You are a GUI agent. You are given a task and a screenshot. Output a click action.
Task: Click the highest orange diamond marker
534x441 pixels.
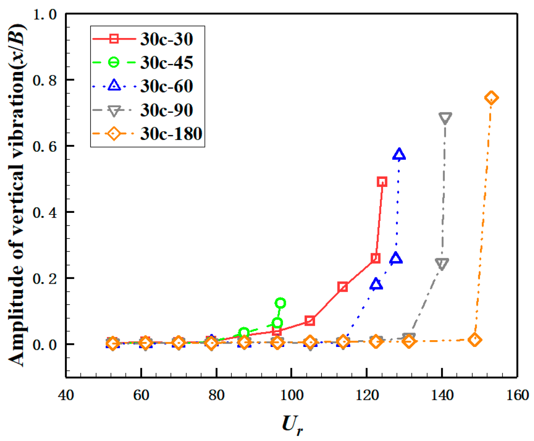[491, 98]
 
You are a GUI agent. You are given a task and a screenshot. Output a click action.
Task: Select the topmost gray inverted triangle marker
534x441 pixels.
[445, 118]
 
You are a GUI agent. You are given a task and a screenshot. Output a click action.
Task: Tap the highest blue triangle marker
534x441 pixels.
[399, 154]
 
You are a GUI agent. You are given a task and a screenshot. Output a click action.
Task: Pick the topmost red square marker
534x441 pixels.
[382, 182]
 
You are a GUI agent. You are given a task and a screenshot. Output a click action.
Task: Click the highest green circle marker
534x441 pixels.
[280, 303]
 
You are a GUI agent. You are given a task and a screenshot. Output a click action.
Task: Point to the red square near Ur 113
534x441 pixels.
[342, 287]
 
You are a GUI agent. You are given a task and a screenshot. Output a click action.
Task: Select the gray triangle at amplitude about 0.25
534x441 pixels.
[442, 264]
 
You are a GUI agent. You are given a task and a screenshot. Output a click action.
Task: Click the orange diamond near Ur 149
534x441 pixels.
[475, 340]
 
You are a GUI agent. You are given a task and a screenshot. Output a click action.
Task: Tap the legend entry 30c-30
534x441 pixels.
[167, 39]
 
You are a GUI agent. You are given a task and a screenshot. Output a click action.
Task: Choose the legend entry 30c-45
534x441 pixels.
[167, 63]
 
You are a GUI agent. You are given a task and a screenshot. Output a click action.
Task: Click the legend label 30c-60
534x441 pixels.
[167, 86]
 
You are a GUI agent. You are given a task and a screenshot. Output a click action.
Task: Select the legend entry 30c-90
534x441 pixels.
[167, 110]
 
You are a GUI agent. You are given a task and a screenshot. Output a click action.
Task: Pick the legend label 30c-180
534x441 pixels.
[171, 134]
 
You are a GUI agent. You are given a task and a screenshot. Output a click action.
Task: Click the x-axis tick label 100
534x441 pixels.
[291, 395]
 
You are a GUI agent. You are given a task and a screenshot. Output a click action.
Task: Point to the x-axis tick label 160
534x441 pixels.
[517, 395]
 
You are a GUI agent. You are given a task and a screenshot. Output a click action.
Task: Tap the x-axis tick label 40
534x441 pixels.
[66, 395]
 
